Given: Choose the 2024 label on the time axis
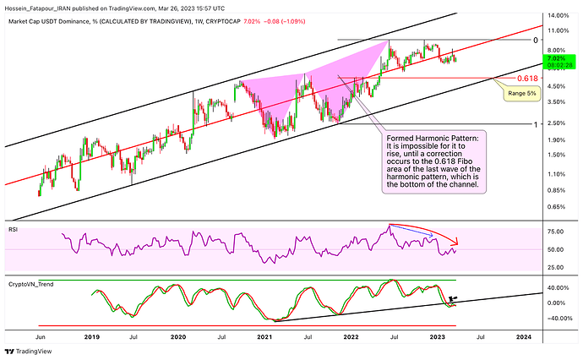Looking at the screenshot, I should coord(524,336).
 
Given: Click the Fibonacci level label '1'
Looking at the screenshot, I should coord(534,123).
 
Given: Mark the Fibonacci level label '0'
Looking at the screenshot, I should coord(535,40).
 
